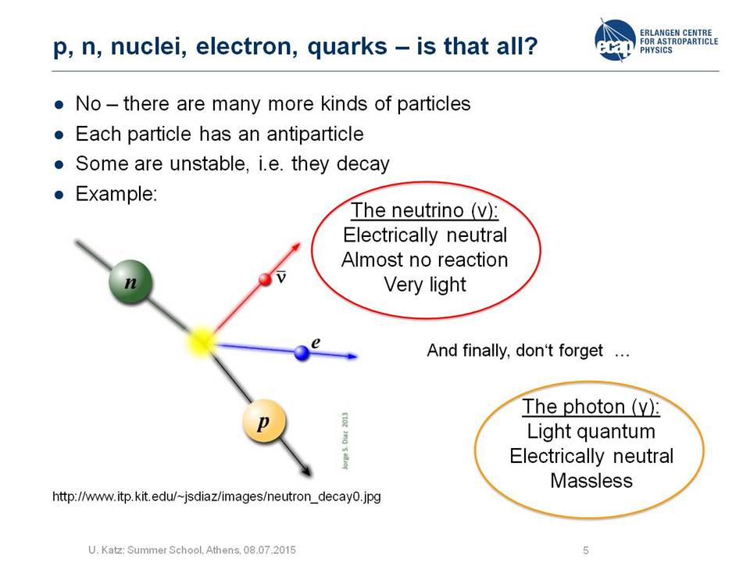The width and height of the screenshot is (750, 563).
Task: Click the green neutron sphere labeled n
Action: point(130,281)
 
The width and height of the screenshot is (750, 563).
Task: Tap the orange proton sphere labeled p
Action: point(264,421)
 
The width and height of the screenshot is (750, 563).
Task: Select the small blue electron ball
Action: point(302,353)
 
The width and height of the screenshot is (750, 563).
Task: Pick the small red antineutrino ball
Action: point(265,279)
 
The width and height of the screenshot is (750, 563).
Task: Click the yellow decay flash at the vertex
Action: point(202,342)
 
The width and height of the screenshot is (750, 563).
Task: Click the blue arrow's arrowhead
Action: point(352,357)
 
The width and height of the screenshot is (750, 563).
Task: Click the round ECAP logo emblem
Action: point(615,40)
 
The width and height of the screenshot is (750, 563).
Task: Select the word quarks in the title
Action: point(347,47)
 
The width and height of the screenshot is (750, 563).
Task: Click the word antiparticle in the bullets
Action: point(315,134)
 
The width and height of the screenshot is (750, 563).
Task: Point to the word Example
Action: point(116,195)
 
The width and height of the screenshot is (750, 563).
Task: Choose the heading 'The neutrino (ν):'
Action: point(425,210)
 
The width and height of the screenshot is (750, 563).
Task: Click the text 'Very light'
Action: point(425,285)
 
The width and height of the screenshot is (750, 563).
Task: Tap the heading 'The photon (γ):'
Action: point(591,407)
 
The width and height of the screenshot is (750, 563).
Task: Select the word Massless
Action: point(591,481)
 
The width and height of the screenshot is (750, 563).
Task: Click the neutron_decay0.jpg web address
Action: point(216,497)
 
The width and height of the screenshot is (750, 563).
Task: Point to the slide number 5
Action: point(586,550)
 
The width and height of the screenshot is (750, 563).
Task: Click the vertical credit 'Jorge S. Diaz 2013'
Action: point(345,441)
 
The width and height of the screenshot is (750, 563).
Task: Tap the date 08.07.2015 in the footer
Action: point(270,550)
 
